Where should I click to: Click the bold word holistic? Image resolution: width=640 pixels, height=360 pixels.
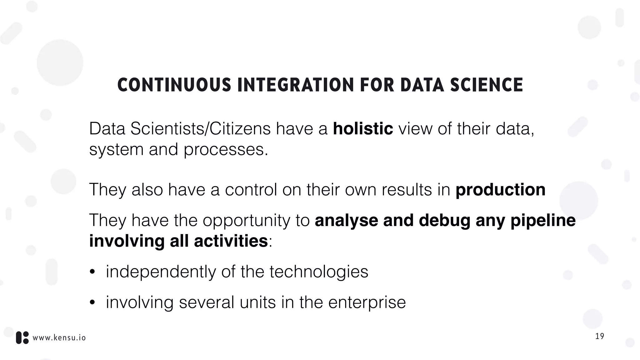pyautogui.click(x=363, y=129)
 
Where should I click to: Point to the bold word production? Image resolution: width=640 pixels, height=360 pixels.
pyautogui.click(x=500, y=189)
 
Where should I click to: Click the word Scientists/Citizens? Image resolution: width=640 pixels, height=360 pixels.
pyautogui.click(x=200, y=129)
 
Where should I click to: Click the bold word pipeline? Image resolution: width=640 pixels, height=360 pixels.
pyautogui.click(x=543, y=221)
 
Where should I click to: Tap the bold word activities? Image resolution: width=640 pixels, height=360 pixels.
pyautogui.click(x=231, y=241)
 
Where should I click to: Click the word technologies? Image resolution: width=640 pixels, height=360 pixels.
pyautogui.click(x=319, y=272)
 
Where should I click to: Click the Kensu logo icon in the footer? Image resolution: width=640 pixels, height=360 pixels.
pyautogui.click(x=22, y=338)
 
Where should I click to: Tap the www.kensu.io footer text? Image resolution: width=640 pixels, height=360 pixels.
pyautogui.click(x=59, y=338)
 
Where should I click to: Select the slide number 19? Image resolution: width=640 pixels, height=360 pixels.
pyautogui.click(x=599, y=337)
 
